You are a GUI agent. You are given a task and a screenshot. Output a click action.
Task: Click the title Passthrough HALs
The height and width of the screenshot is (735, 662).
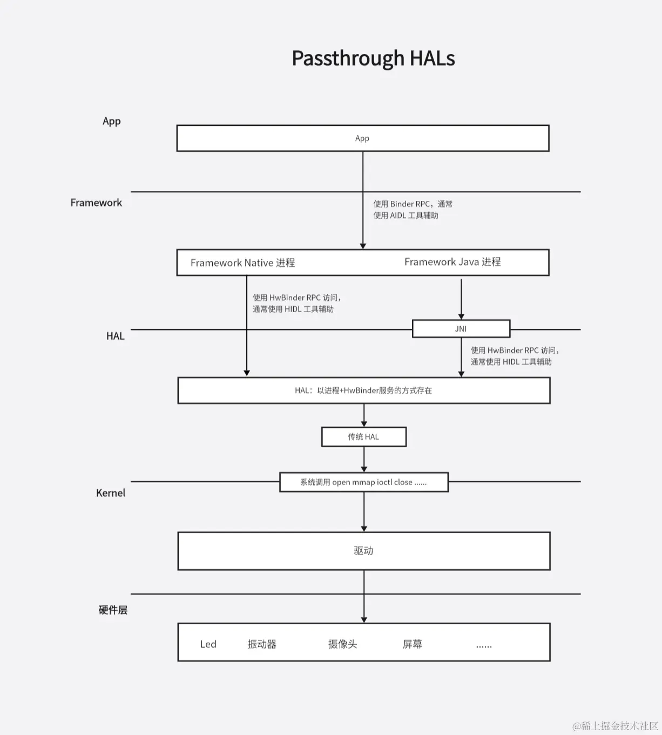(x=373, y=58)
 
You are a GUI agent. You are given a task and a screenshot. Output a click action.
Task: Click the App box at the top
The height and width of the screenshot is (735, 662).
(x=362, y=138)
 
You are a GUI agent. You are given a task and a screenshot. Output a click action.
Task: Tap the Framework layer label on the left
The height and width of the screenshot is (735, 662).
(x=96, y=203)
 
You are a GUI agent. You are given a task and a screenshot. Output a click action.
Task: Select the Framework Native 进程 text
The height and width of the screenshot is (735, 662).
(x=242, y=263)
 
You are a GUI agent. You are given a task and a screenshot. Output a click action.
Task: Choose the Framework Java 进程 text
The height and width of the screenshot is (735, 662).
(x=452, y=262)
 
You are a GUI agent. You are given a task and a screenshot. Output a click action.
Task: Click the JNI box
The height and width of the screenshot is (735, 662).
(x=461, y=328)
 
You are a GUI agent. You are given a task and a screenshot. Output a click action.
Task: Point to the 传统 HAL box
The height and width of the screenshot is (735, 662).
(x=363, y=437)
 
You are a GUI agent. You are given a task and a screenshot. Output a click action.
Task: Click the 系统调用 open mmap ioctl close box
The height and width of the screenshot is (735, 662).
(x=363, y=482)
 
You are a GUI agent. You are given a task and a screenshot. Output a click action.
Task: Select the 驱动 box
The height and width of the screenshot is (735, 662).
(x=363, y=551)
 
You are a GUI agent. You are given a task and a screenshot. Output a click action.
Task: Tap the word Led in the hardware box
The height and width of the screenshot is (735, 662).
(x=208, y=644)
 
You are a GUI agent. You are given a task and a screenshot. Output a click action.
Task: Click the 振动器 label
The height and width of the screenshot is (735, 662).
(x=262, y=644)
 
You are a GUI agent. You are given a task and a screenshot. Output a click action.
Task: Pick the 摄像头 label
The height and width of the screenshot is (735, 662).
(x=342, y=644)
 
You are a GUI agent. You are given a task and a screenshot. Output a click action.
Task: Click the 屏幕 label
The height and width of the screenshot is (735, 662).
(x=413, y=644)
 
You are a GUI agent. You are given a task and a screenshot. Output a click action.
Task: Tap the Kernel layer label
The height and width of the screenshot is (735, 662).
(x=111, y=493)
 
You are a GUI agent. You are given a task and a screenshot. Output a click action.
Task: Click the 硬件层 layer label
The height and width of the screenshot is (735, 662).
(x=113, y=610)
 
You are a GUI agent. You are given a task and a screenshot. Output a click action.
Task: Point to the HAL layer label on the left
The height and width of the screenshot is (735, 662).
(x=115, y=336)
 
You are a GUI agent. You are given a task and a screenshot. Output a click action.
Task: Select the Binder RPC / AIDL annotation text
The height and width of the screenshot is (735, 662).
(x=413, y=210)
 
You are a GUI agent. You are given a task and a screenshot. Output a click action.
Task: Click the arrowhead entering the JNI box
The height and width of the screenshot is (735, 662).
(x=461, y=316)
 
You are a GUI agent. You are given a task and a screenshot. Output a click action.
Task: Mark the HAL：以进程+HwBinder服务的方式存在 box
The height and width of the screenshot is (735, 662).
(x=363, y=390)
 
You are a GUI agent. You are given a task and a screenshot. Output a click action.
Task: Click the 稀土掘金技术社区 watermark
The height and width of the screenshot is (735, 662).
(x=616, y=726)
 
